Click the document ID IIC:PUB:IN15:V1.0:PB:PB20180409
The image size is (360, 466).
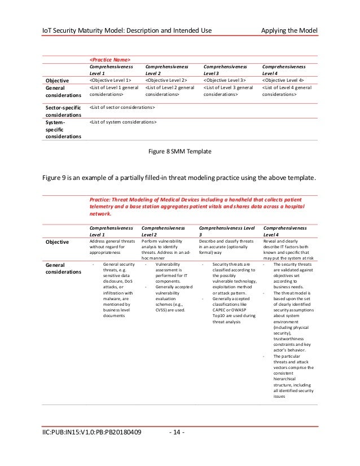pyautogui.click(x=91, y=433)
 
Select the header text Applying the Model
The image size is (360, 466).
pyautogui.click(x=290, y=29)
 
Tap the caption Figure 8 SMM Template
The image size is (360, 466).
pyautogui.click(x=179, y=151)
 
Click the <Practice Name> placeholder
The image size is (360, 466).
pyautogui.click(x=110, y=59)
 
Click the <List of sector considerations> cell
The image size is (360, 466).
pyautogui.click(x=122, y=107)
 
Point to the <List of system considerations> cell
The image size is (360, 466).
pyautogui.click(x=123, y=121)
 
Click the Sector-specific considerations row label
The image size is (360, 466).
pyautogui.click(x=62, y=111)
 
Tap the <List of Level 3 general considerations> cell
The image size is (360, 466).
pyautogui.click(x=229, y=92)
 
